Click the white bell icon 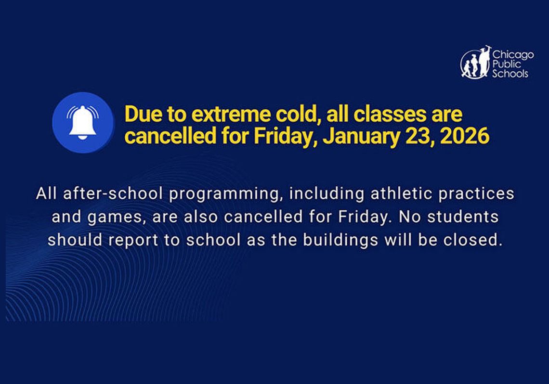point(83,122)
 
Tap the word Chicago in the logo point(513,55)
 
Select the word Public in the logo point(506,64)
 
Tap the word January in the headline point(360,136)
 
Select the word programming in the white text point(225,194)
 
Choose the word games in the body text point(114,218)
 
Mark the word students point(463,217)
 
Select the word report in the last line point(133,241)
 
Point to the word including point(327,194)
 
